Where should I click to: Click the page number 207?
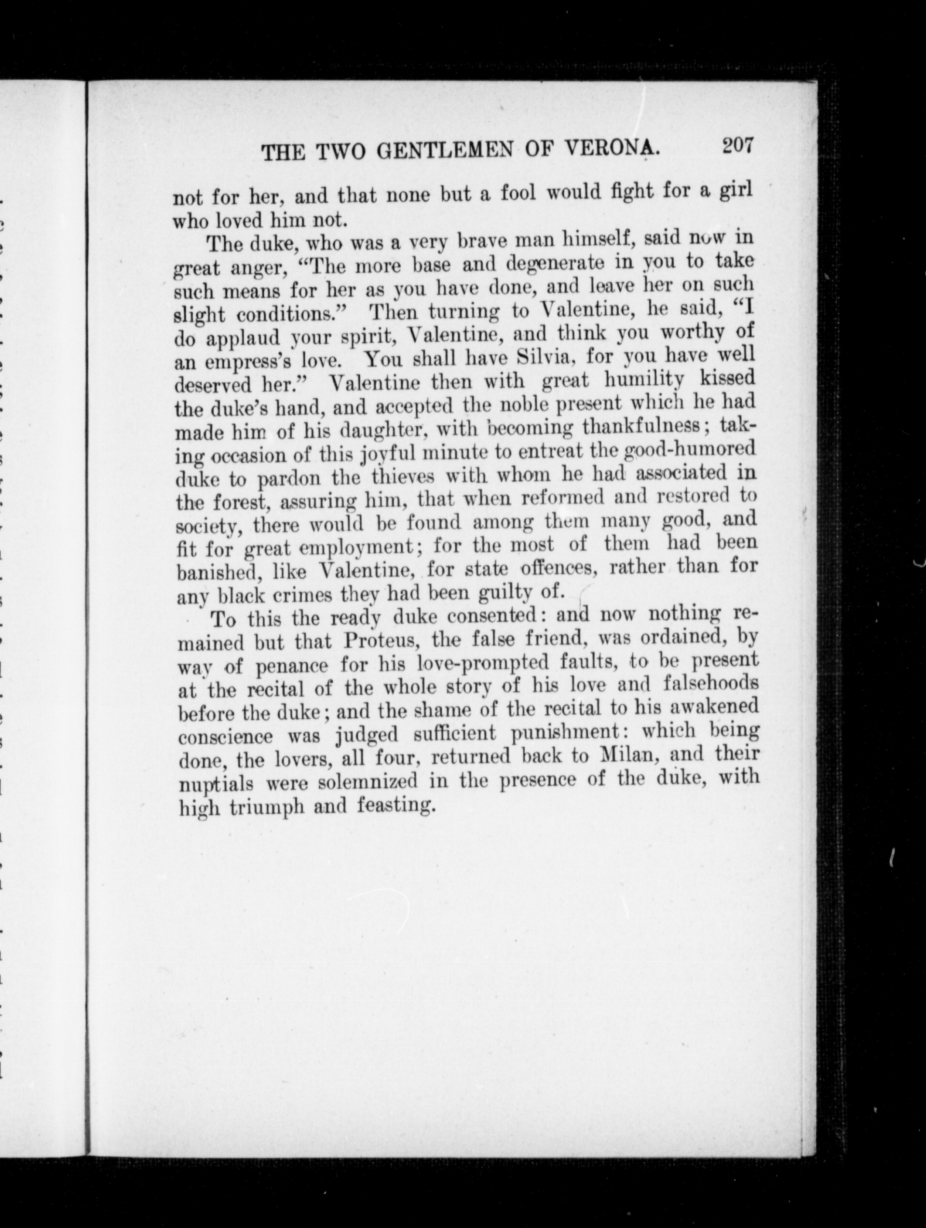(x=737, y=146)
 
